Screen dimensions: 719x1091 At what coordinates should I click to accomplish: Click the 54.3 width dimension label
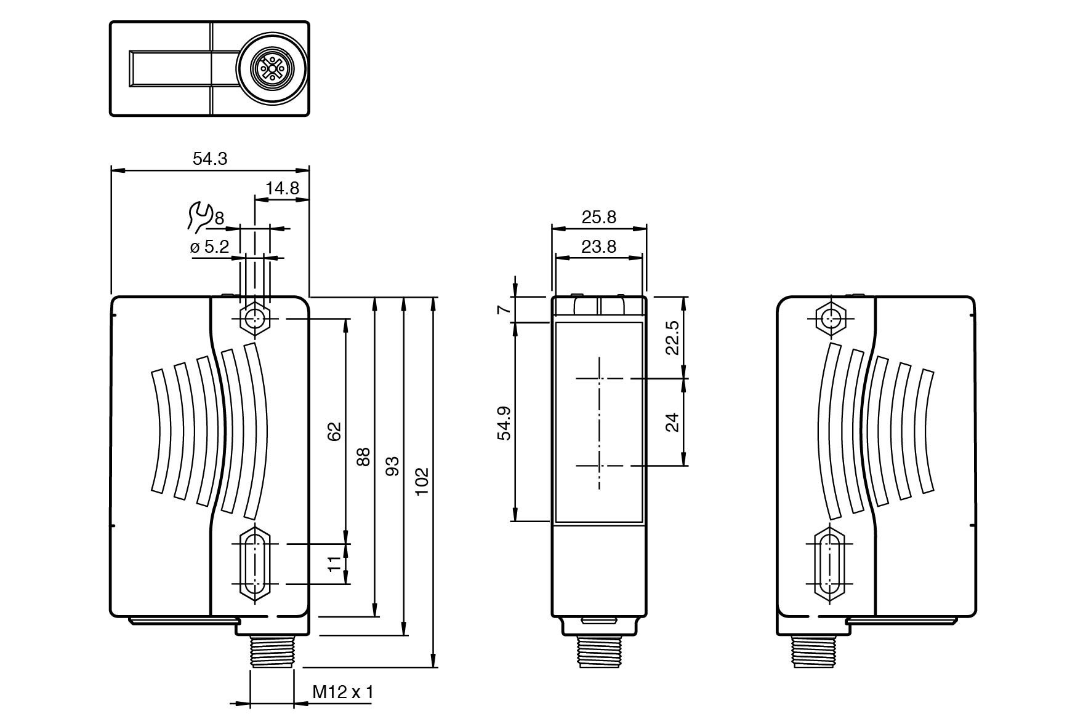pyautogui.click(x=210, y=159)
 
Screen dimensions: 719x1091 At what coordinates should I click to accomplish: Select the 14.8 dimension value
pyautogui.click(x=282, y=188)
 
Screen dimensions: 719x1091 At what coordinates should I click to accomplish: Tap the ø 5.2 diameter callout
pyautogui.click(x=210, y=247)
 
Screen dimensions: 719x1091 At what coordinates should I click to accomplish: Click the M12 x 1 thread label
pyautogui.click(x=343, y=693)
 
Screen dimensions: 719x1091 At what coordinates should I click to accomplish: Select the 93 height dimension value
pyautogui.click(x=393, y=466)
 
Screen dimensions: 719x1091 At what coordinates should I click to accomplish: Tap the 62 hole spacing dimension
pyautogui.click(x=334, y=431)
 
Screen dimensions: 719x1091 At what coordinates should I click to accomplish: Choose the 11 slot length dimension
pyautogui.click(x=334, y=563)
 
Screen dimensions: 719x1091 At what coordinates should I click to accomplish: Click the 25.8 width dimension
pyautogui.click(x=598, y=217)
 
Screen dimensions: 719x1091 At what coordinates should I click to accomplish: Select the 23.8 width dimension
pyautogui.click(x=598, y=247)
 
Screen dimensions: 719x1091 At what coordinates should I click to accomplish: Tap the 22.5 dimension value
pyautogui.click(x=672, y=337)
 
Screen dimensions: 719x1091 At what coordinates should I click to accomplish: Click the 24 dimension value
pyautogui.click(x=672, y=422)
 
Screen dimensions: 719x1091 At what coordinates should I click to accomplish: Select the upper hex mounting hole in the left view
pyautogui.click(x=253, y=319)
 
